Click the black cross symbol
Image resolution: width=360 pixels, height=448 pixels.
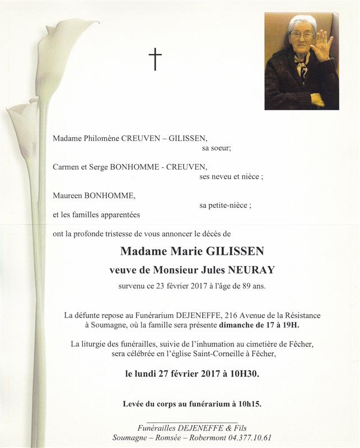(x=155, y=59)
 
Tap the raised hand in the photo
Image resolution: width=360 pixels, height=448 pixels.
(x=322, y=46)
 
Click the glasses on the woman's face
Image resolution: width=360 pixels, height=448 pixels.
(x=302, y=35)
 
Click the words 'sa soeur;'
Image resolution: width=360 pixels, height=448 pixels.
(x=216, y=148)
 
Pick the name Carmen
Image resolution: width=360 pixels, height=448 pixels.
(x=67, y=167)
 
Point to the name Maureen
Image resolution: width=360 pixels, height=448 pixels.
(x=68, y=195)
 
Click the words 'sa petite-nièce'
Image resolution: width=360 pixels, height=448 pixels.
(x=223, y=206)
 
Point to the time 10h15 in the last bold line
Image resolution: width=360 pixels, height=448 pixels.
(x=249, y=404)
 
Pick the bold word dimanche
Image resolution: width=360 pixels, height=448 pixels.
(x=237, y=326)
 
